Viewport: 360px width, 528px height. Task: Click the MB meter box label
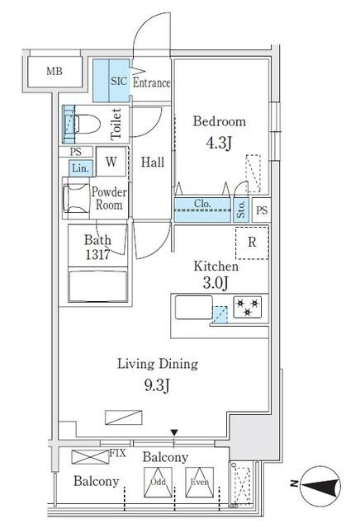54,73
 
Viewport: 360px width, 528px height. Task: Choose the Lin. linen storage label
80,167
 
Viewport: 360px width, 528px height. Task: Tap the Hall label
151,163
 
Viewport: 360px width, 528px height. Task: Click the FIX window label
118,454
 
